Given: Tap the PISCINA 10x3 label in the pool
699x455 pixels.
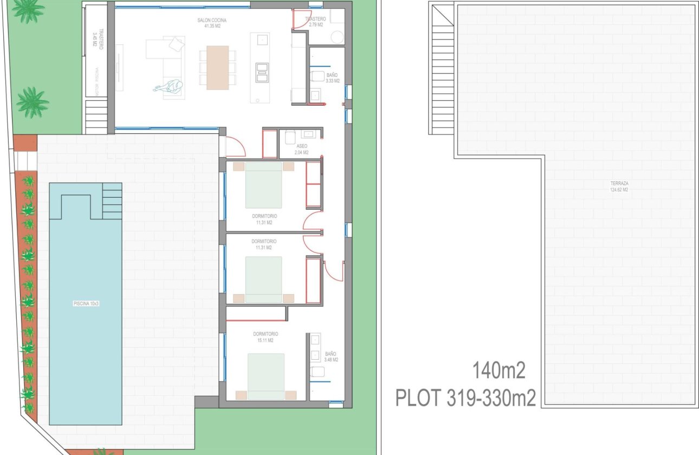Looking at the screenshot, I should pyautogui.click(x=86, y=304).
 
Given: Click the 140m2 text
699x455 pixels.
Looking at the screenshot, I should pyautogui.click(x=499, y=372).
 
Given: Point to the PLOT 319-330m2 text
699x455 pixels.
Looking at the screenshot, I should pyautogui.click(x=465, y=399).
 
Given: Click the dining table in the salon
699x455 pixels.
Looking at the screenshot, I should pyautogui.click(x=217, y=67).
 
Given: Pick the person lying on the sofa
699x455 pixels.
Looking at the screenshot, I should pyautogui.click(x=170, y=87).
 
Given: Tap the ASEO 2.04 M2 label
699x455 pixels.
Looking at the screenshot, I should pyautogui.click(x=302, y=149).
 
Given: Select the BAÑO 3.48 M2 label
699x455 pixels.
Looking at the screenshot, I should pyautogui.click(x=331, y=357).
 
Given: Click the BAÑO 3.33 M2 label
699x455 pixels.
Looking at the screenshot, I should pyautogui.click(x=332, y=78).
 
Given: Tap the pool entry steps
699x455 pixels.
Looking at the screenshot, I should pyautogui.click(x=112, y=200).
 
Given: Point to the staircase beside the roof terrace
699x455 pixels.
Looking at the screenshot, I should pyautogui.click(x=443, y=76).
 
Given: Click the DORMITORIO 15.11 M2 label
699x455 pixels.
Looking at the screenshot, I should pyautogui.click(x=265, y=337).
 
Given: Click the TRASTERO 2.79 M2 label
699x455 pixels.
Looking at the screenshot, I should pyautogui.click(x=315, y=22).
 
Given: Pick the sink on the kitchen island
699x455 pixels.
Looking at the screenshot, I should pyautogui.click(x=262, y=40).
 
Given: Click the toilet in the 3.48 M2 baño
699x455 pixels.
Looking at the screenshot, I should pyautogui.click(x=318, y=372).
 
